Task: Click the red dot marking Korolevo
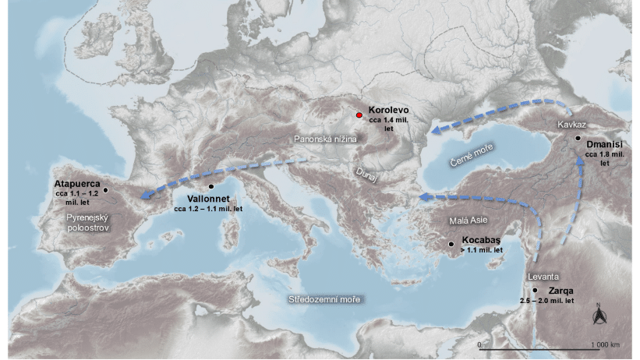click(359, 115)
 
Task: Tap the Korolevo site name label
click(388, 111)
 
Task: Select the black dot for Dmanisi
click(578, 138)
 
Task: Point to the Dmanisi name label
click(606, 143)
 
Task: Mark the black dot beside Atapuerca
click(107, 189)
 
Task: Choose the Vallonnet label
click(208, 199)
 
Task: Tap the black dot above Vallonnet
click(210, 187)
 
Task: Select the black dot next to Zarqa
click(535, 290)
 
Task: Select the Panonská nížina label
click(325, 138)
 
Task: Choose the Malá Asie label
click(469, 221)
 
